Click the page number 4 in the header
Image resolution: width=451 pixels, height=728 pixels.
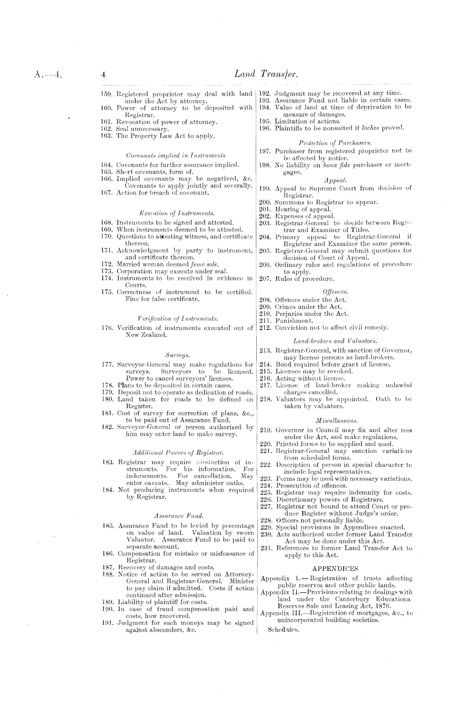tap(104, 75)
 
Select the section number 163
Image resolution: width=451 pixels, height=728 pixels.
tap(106, 136)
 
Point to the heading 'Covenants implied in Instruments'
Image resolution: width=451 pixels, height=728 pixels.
tap(176, 155)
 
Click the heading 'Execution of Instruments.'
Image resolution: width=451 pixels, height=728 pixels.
tap(177, 213)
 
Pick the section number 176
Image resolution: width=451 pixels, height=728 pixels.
tap(106, 328)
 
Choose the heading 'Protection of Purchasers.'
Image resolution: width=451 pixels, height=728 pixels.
tap(335, 143)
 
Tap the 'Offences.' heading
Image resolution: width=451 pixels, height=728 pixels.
tap(335, 292)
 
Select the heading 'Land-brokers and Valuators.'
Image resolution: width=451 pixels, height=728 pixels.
tap(335, 341)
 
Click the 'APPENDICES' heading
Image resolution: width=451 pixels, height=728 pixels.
tap(336, 569)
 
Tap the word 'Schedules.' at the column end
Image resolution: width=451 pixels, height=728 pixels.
tap(283, 630)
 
